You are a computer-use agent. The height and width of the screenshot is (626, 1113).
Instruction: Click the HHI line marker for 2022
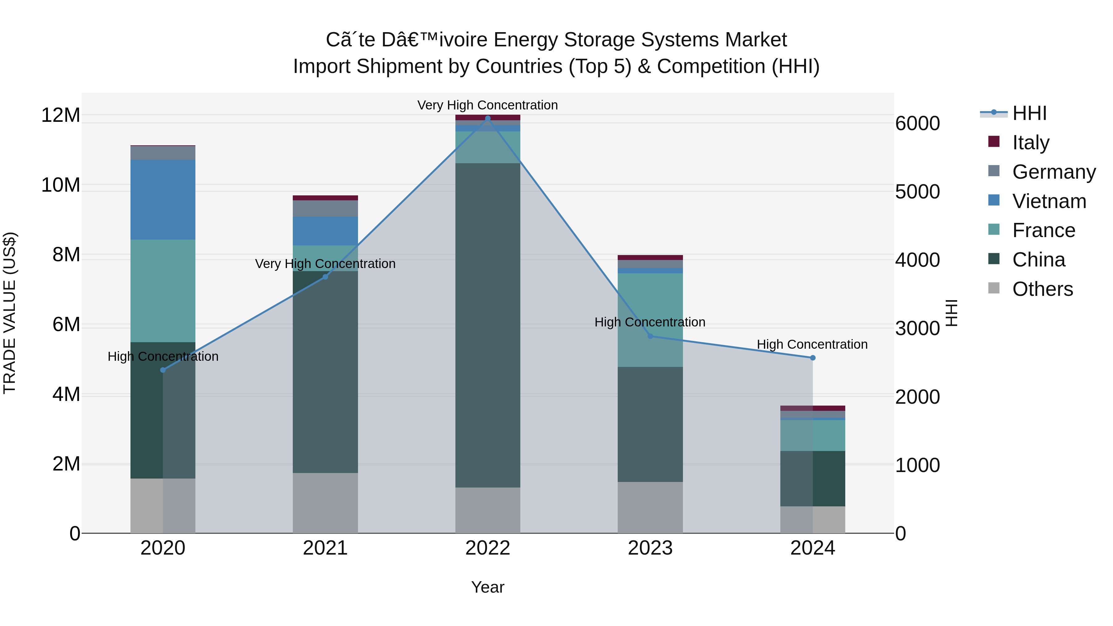[x=488, y=118]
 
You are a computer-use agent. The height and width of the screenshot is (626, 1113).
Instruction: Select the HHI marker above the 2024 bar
[x=813, y=358]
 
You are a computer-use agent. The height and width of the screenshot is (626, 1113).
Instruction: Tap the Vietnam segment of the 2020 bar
[x=163, y=200]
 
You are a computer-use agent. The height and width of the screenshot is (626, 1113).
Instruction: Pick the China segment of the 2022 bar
[x=488, y=325]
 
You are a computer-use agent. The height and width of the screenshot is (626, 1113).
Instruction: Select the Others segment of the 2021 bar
[x=325, y=503]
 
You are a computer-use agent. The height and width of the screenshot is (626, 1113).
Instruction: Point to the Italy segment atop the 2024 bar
[x=813, y=408]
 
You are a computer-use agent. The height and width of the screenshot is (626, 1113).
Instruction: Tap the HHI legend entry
[x=1029, y=113]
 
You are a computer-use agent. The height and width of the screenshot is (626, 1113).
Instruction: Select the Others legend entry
[x=1042, y=289]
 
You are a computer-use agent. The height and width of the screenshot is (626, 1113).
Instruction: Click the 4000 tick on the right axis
[x=917, y=260]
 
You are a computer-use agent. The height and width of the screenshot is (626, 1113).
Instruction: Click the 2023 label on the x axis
[x=650, y=548]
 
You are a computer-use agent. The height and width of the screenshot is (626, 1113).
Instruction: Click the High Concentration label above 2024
[x=812, y=344]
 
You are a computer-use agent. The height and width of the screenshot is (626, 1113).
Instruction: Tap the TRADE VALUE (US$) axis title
[x=10, y=313]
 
